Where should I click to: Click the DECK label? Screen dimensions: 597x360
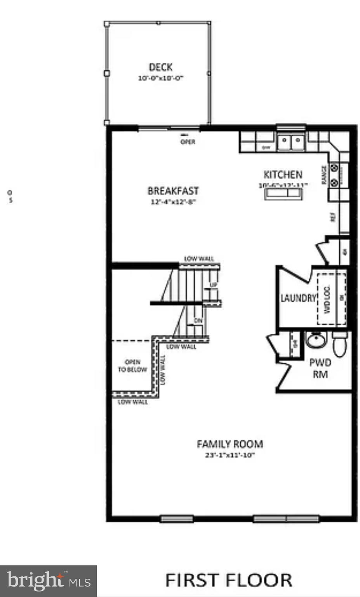(160, 67)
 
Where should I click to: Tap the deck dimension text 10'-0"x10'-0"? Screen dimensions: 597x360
(160, 78)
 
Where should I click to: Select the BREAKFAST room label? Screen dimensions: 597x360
(173, 191)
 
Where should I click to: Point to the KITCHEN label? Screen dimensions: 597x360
(283, 175)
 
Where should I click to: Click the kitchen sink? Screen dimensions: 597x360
(291, 142)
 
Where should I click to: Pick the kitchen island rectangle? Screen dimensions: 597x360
(283, 194)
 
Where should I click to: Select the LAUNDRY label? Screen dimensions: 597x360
(298, 298)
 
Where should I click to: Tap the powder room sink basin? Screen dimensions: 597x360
(317, 340)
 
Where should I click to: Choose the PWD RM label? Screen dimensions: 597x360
(320, 368)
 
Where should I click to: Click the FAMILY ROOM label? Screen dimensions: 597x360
(230, 444)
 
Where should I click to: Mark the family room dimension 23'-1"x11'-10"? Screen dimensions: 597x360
(230, 455)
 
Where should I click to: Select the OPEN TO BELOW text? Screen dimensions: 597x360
(132, 366)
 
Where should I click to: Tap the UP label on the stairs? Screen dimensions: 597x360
(213, 285)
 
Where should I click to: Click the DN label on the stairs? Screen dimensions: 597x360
(198, 320)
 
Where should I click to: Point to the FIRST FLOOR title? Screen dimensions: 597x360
(229, 580)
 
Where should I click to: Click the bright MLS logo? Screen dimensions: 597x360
(48, 581)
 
